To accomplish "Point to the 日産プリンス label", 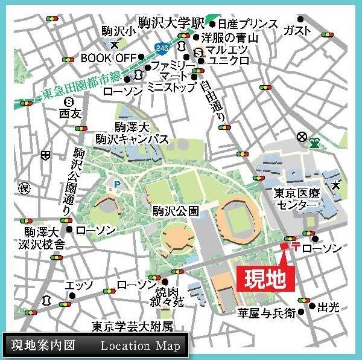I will coord(247,25).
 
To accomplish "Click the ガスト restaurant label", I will coord(297,30).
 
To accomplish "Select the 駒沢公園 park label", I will coord(176,211).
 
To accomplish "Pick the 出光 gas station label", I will coord(329,308).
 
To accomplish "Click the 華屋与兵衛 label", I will coord(265,313).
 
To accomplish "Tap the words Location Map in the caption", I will coord(139,346).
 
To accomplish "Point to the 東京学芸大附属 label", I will coord(132,326).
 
